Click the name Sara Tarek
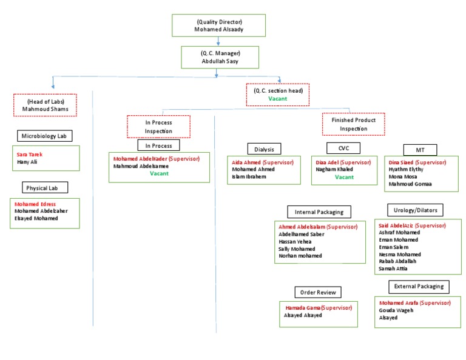click(x=29, y=155)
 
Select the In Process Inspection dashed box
click(x=158, y=125)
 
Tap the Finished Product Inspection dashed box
click(x=353, y=124)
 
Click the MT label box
click(x=420, y=150)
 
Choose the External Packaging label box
click(x=418, y=286)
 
